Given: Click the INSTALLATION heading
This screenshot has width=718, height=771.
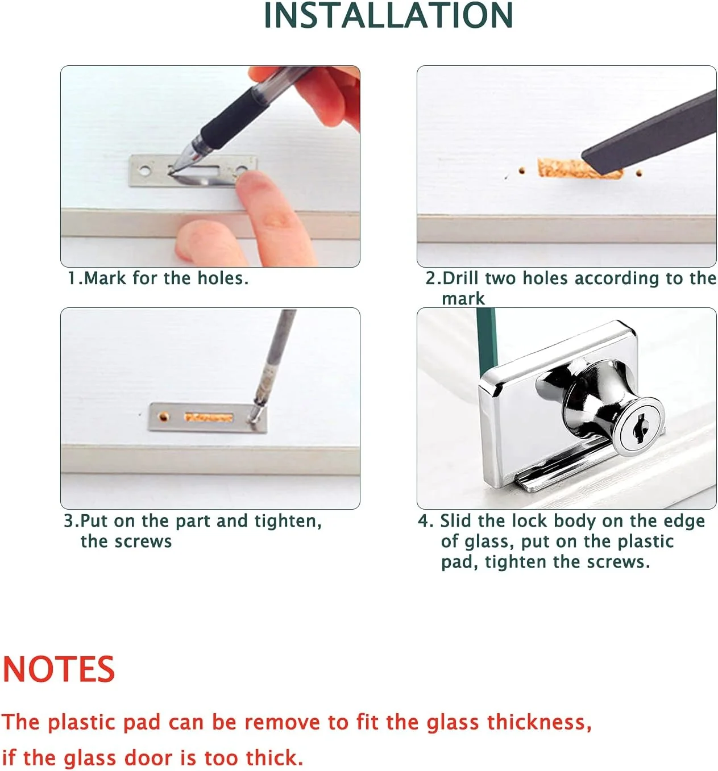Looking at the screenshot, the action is pos(388,15).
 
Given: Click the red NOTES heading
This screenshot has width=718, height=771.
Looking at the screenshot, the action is pos(59,669).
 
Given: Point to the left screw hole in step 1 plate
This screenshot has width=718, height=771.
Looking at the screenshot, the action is pos(144,170).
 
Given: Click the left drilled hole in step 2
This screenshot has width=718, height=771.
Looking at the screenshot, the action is pos(522,170).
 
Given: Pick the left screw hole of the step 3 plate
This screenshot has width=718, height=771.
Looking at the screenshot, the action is pos(164,416).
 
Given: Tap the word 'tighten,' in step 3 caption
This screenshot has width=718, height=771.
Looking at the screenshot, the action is pos(288,521).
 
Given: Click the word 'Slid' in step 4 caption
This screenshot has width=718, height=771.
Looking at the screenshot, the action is pos(456,520).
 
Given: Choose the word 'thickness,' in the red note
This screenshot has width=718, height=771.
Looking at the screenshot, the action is pos(539,723).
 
